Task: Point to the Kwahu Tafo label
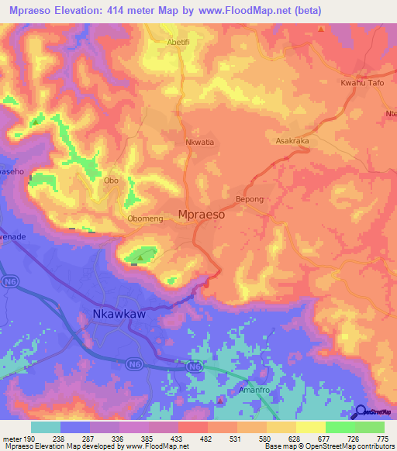362,83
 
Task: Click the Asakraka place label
293,142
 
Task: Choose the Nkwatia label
179,143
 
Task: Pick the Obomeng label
146,219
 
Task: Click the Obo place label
111,180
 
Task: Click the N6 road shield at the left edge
9,280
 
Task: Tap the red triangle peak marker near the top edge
321,29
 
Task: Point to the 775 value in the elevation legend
381,439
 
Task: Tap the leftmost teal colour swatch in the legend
46,427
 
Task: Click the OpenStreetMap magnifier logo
361,412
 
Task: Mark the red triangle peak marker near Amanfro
220,400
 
